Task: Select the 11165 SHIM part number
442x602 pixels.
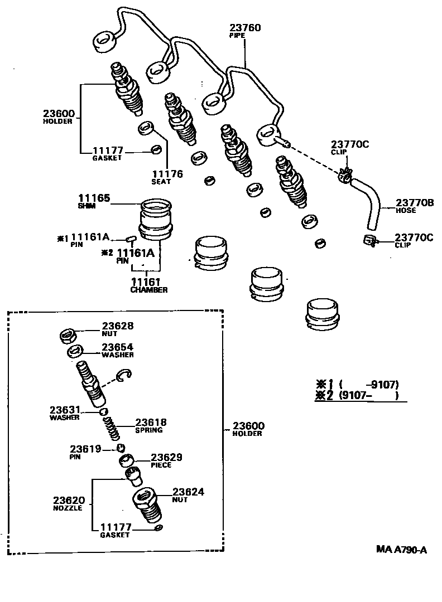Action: click(94, 198)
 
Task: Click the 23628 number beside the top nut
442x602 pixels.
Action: click(118, 326)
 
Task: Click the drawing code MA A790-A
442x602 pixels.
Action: click(401, 550)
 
